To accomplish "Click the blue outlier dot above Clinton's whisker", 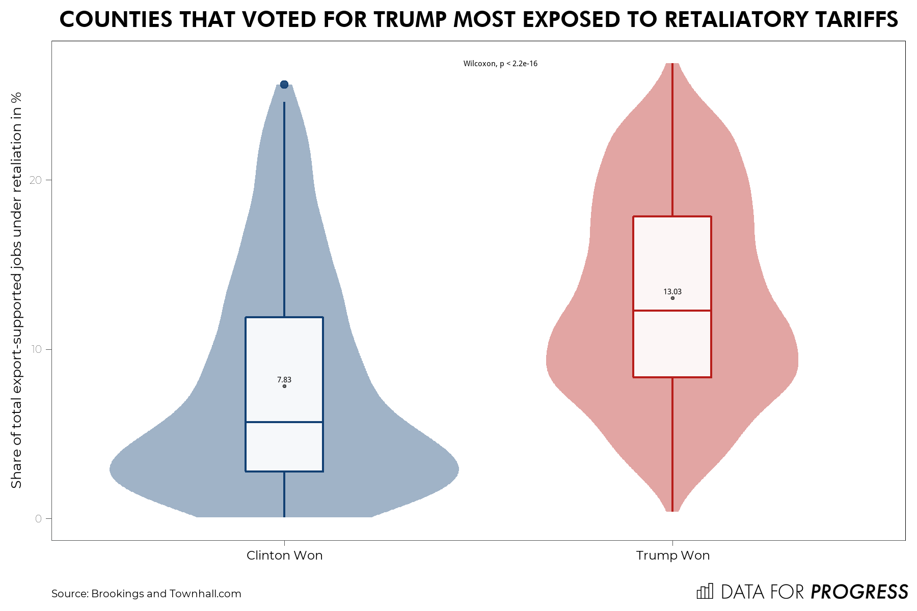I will (x=284, y=85).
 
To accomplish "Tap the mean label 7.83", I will (x=284, y=380).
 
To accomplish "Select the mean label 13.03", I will (x=672, y=292).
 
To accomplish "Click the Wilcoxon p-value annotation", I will (x=500, y=64).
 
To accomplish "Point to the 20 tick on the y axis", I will (x=35, y=180).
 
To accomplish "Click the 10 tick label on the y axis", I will (x=35, y=349).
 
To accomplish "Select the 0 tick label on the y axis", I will (x=38, y=518).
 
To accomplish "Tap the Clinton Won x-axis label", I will (x=284, y=556).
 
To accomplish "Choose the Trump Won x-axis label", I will (x=672, y=556).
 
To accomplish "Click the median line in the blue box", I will (x=284, y=422).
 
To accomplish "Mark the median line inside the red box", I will (x=672, y=311).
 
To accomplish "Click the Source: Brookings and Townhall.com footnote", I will (x=146, y=594).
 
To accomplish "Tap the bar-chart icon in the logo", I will (x=705, y=591).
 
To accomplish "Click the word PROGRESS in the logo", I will (x=859, y=592).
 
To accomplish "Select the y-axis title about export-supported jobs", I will (x=16, y=290).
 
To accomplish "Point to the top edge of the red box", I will (x=672, y=216).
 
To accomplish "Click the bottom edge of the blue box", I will (x=284, y=471).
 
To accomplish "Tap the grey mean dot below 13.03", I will (x=672, y=298).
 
